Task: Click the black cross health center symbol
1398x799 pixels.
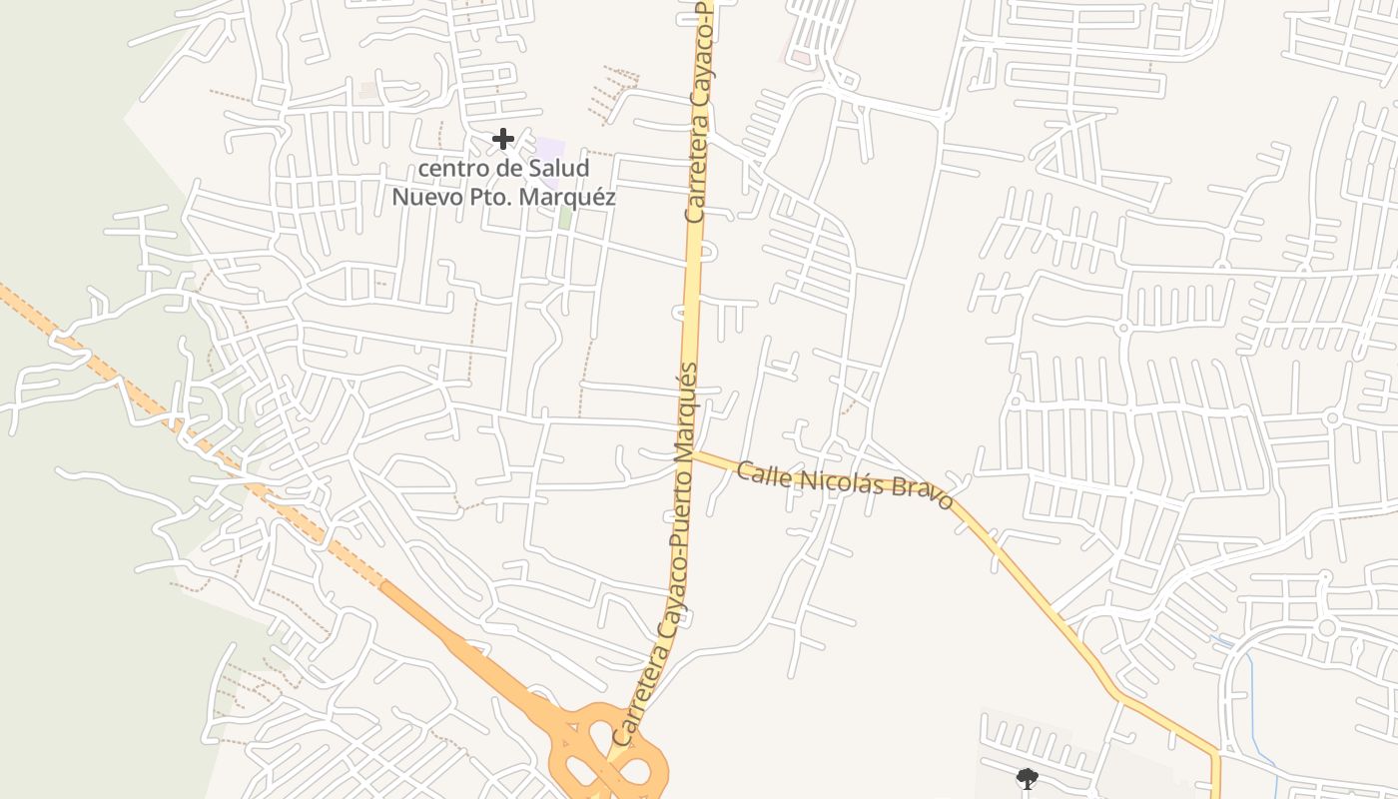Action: (503, 139)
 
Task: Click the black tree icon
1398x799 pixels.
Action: (1027, 778)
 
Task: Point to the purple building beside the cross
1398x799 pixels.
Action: (549, 150)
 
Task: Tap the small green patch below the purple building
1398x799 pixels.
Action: (565, 217)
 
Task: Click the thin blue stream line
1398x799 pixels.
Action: (1250, 689)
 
